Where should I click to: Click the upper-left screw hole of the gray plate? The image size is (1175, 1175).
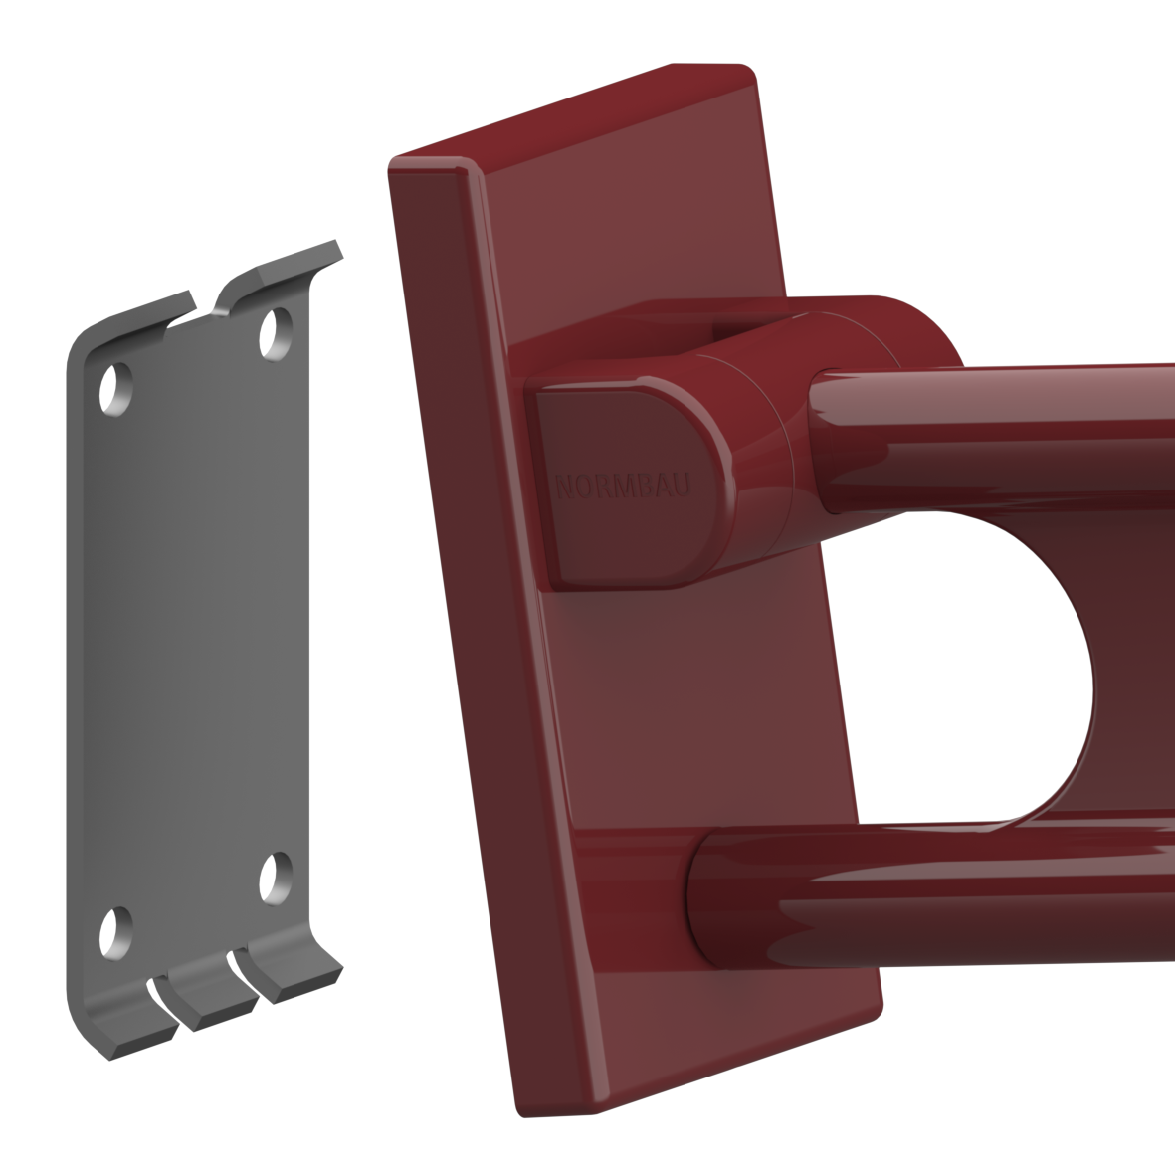point(116,389)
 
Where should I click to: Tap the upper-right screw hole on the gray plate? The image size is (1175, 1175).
point(276,333)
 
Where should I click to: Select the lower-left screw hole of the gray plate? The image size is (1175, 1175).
point(116,933)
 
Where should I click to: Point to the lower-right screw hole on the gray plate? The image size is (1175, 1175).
point(276,878)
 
